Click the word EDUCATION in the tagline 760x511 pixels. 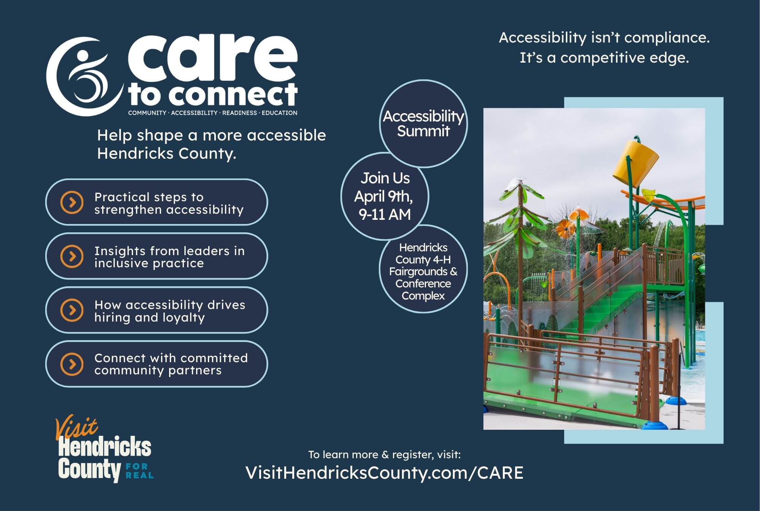coord(279,113)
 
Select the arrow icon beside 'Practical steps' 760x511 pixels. coord(72,202)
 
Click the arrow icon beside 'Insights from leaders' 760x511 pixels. coord(72,256)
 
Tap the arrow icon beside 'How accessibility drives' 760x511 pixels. coord(72,310)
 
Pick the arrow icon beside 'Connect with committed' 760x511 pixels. coord(72,364)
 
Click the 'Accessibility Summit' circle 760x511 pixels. coord(423,124)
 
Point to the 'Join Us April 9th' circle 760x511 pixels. coord(385,196)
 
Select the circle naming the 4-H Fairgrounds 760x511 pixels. coord(423,271)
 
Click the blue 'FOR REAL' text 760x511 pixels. coord(139,470)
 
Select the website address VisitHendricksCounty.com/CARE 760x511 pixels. coord(384,473)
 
